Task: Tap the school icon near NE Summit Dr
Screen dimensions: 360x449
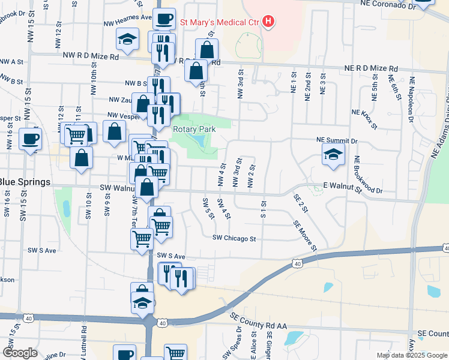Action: coord(333,154)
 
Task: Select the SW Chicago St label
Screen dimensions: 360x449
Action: coord(234,238)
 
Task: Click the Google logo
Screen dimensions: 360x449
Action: coord(20,353)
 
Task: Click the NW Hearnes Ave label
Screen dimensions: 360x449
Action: coord(127,18)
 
